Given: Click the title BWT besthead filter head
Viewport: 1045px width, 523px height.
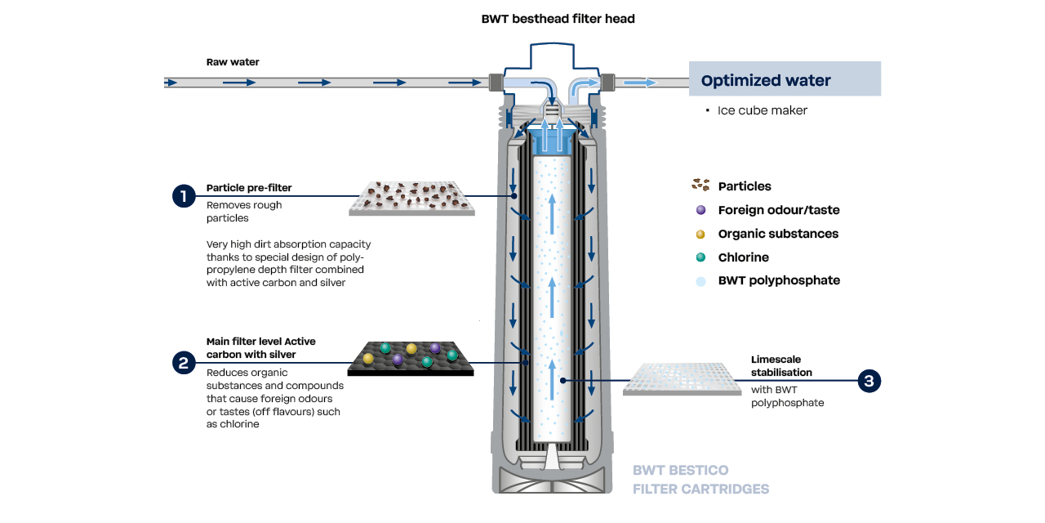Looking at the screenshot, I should pos(558,19).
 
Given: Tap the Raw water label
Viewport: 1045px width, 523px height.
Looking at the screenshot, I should pos(233,62).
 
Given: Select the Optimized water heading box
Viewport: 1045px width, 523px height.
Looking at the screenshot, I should pos(785,79).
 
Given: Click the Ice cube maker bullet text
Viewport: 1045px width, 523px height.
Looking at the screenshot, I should pos(762,110).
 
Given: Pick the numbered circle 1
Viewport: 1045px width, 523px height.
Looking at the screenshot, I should pos(185,196).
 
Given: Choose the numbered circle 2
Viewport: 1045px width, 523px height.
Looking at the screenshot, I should pos(185,363).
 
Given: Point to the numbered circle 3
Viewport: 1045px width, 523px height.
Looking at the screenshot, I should pos(869,381).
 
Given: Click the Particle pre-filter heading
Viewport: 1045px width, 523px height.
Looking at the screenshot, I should pos(249,188).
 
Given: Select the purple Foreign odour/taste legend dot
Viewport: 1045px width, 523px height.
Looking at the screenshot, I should pos(700,210).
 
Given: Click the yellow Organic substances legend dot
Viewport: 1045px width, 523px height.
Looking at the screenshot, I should pos(700,234).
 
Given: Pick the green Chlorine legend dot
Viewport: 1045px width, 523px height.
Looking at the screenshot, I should pos(700,257).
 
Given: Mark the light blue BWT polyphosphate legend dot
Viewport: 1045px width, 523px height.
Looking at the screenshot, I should pos(700,280).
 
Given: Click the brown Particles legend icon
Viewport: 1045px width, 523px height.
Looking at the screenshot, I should pos(700,186).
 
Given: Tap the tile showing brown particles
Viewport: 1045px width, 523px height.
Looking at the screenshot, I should pos(412,199).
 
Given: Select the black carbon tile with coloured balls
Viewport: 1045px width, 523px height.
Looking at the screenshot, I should pos(411,357).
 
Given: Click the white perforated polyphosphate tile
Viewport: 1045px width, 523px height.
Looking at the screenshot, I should pos(682,379).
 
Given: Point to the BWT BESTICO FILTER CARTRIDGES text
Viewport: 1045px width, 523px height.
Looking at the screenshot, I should pos(700,480).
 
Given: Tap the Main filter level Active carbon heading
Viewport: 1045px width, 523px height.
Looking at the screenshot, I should pos(260,347).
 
